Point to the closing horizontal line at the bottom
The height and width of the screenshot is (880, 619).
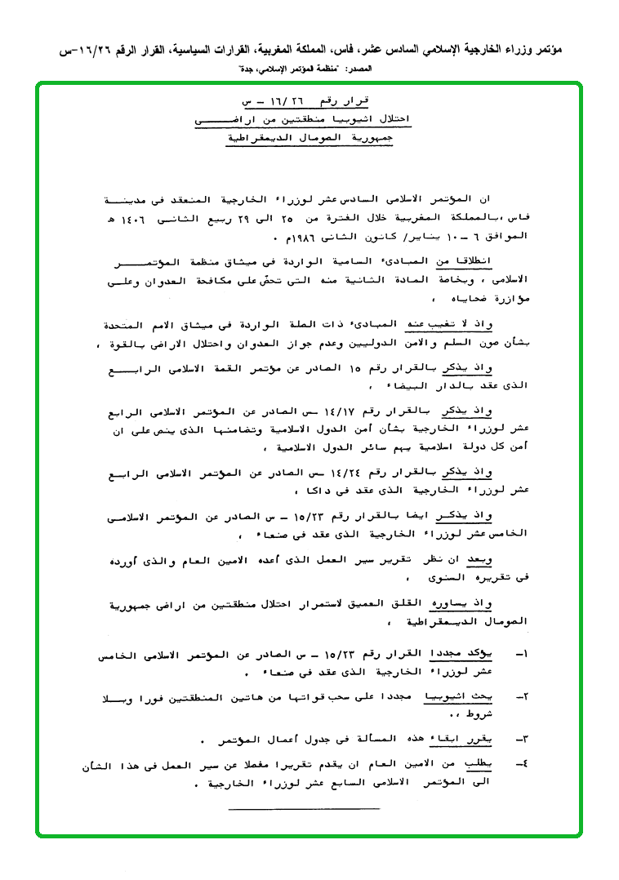[x=304, y=807]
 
